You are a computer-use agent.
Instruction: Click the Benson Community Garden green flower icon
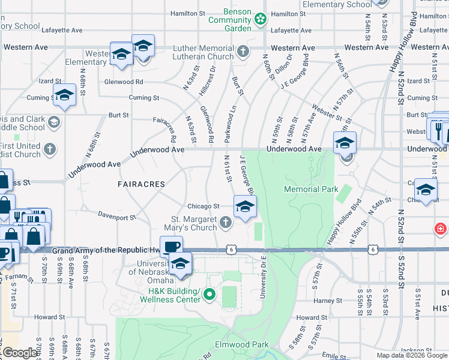tap(260, 19)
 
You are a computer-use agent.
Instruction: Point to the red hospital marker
tap(441, 229)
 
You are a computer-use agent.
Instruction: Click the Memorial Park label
tap(310, 190)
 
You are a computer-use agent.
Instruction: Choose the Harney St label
tap(328, 301)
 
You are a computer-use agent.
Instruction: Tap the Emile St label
tap(336, 355)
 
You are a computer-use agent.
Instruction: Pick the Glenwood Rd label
tap(124, 82)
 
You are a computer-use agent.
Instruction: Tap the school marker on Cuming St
tap(64, 95)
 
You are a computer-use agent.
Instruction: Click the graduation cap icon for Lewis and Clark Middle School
tap(53, 123)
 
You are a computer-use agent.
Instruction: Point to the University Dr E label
tap(263, 277)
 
